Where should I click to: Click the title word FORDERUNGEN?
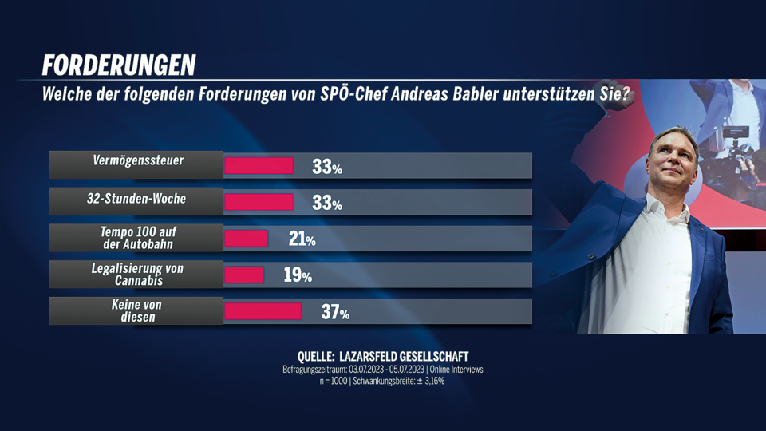pos(119,65)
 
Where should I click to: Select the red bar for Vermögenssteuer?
pos(259,166)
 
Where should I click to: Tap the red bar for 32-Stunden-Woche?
pos(259,202)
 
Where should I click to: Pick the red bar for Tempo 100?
pos(246,238)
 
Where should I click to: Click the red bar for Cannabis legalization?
pos(244,275)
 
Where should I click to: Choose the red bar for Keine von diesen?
pos(263,311)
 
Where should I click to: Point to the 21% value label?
pos(302,239)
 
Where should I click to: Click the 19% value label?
pos(298,275)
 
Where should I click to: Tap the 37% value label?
pos(335,312)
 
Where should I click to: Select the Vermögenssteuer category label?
pos(136,161)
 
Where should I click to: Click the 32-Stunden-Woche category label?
pos(136,198)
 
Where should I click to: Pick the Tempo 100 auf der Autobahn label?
pos(136,238)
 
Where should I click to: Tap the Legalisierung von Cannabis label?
pos(136,275)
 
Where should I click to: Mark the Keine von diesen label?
pos(136,311)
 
